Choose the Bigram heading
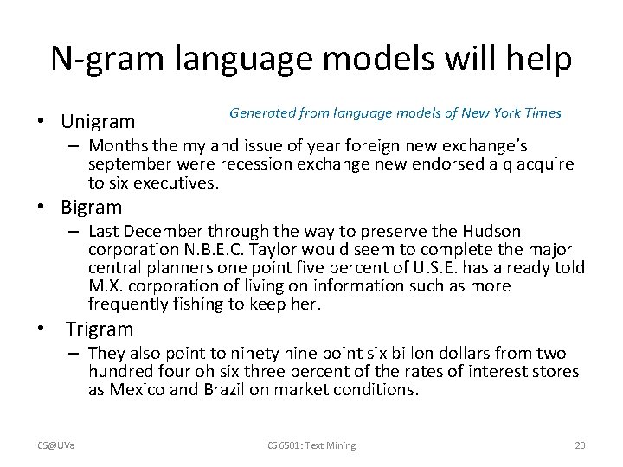click(92, 208)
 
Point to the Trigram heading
click(100, 329)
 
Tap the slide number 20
click(580, 445)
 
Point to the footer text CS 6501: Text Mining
click(312, 445)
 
